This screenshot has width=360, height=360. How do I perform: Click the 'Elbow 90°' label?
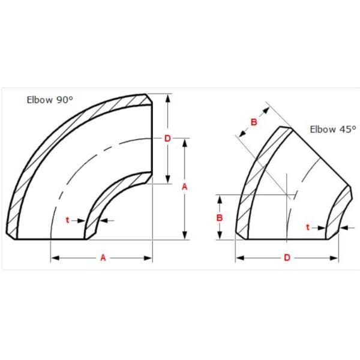tap(50, 100)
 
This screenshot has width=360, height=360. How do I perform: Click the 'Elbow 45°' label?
tap(333, 129)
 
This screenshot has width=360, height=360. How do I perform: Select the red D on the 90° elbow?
tap(167, 139)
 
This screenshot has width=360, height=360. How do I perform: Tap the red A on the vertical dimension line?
tap(185, 187)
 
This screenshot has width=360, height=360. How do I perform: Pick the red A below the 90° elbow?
tap(103, 257)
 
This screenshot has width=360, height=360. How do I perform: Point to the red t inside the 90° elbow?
tap(67, 220)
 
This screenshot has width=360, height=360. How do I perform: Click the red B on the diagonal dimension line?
tap(253, 122)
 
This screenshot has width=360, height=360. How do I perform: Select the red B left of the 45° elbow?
tap(220, 217)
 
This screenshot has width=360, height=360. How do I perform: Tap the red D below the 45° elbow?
tap(287, 257)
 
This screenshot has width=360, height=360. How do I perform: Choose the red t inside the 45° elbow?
tap(308, 227)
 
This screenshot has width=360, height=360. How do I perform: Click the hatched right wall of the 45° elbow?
tap(339, 210)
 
